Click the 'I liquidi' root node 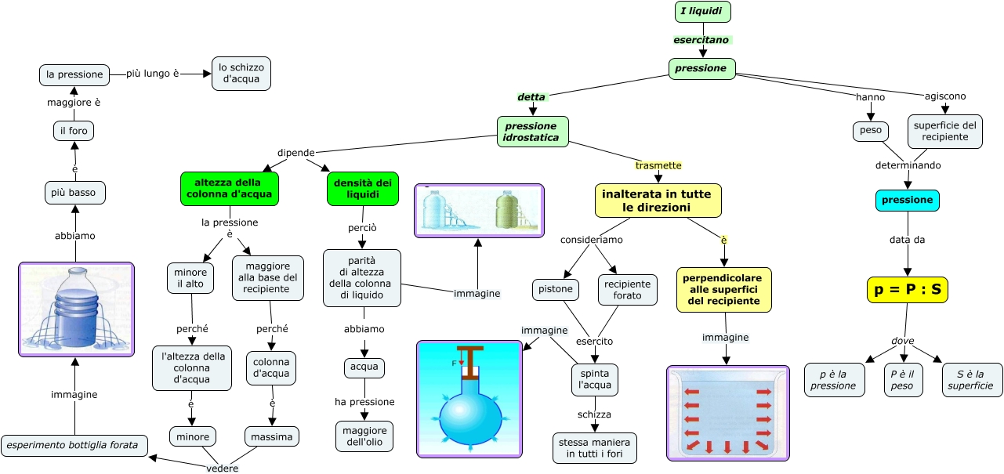tap(702, 12)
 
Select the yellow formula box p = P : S tap(908, 290)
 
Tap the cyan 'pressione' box tap(907, 201)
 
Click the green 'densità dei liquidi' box tap(363, 189)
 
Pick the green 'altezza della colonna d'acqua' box tap(229, 189)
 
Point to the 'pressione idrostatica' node tap(532, 132)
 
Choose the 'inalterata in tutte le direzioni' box tap(657, 201)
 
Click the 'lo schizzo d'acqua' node tap(241, 73)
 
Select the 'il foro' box tap(74, 131)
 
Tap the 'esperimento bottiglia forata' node tap(74, 446)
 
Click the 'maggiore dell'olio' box tap(364, 436)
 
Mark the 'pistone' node tap(556, 289)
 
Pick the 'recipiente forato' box tap(627, 290)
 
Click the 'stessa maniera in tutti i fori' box tap(595, 448)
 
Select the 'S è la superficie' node tap(970, 380)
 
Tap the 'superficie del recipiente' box tap(945, 132)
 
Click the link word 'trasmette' tap(658, 165)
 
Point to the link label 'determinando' tap(908, 165)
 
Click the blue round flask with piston tap(469, 399)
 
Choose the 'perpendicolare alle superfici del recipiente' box tap(724, 290)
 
